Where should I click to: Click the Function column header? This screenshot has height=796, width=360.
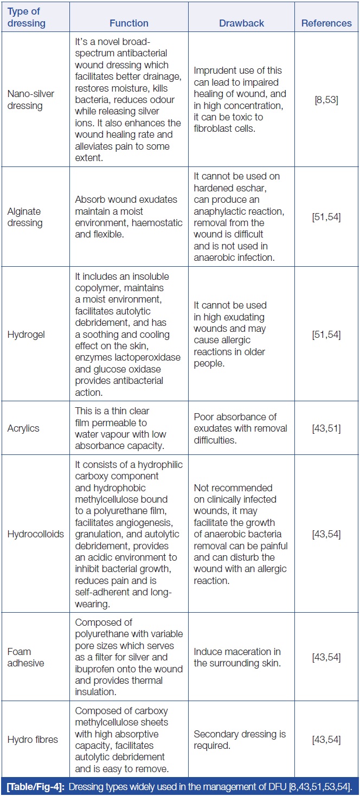click(129, 23)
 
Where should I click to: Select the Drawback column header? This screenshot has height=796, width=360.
click(241, 23)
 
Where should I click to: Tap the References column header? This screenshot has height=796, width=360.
click(326, 23)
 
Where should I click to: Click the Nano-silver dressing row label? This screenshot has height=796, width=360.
click(31, 99)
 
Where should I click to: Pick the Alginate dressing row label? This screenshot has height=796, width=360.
click(24, 217)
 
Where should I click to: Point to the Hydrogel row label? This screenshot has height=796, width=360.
click(26, 335)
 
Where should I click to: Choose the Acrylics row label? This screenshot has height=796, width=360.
click(24, 428)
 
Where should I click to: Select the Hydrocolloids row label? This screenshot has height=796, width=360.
click(36, 534)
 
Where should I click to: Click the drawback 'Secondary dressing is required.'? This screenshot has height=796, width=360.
click(240, 740)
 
